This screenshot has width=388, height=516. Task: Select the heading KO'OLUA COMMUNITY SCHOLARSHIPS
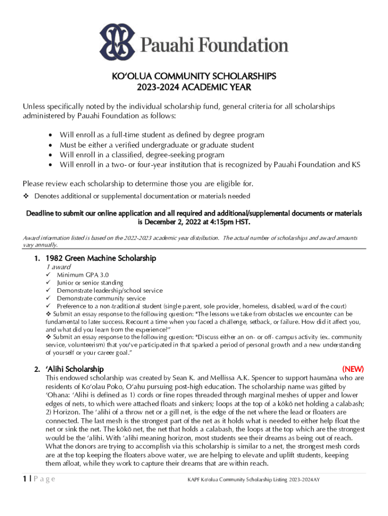[x=194, y=76]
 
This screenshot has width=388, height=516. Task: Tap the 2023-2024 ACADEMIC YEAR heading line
[x=194, y=87]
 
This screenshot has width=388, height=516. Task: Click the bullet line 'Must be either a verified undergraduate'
[x=157, y=145]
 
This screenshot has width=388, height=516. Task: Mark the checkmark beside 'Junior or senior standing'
[x=48, y=283]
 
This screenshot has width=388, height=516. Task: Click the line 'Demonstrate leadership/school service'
[x=110, y=291]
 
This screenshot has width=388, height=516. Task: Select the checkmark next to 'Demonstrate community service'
[x=48, y=298]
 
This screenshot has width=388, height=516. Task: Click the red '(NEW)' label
[x=352, y=369]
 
